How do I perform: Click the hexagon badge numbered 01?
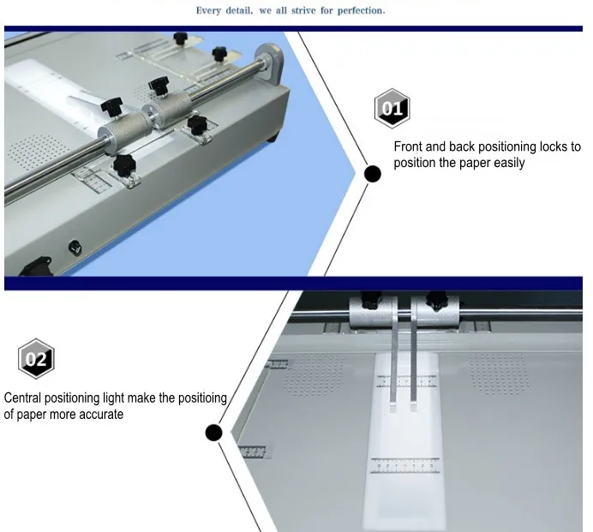pos(392,109)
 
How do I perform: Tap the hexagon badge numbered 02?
pos(36,358)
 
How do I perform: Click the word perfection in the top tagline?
pos(361,10)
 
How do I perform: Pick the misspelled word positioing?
pos(202,398)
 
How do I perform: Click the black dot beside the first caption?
pos(373,174)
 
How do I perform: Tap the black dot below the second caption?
pos(213,432)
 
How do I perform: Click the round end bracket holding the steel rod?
pos(270,62)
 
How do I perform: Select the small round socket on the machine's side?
pos(75,248)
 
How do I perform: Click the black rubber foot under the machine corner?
pos(272,137)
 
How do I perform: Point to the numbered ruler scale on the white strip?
pos(404,465)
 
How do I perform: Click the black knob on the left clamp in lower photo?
pos(371,300)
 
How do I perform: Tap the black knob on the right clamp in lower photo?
pos(437,300)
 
